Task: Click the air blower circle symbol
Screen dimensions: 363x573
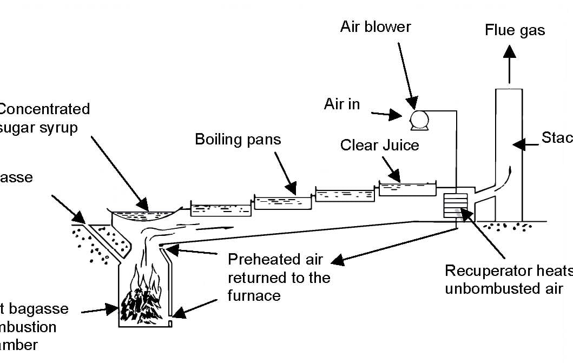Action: pyautogui.click(x=419, y=117)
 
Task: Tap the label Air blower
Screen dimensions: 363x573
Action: pyautogui.click(x=376, y=27)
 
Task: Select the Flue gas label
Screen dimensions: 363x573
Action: pyautogui.click(x=515, y=30)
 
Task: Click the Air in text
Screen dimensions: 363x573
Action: pyautogui.click(x=342, y=104)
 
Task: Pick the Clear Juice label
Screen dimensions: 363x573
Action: pyautogui.click(x=379, y=146)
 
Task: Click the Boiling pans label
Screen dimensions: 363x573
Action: pyautogui.click(x=238, y=139)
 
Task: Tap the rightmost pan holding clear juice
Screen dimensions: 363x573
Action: pyautogui.click(x=407, y=189)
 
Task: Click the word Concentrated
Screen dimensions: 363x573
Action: pyautogui.click(x=44, y=109)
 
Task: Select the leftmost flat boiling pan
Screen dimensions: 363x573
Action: pyautogui.click(x=221, y=208)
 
